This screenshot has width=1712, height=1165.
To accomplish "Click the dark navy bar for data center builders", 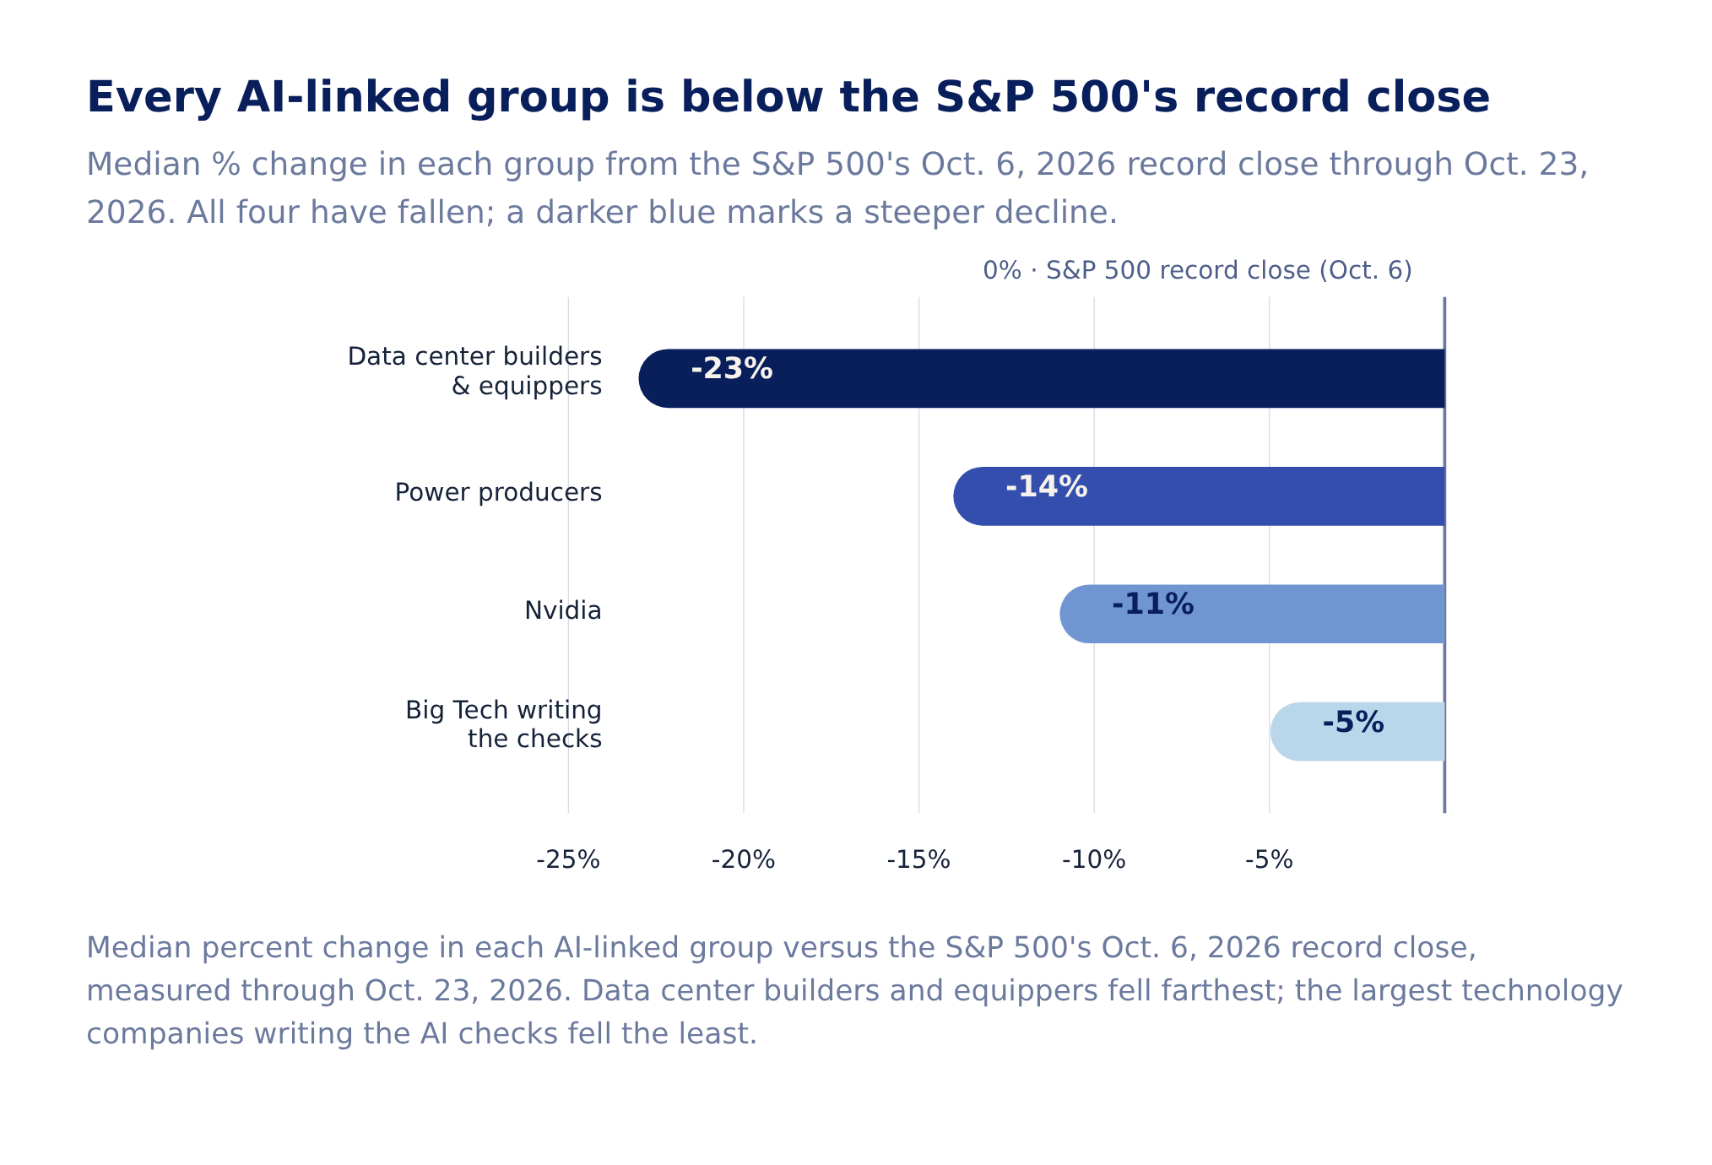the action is (1042, 378).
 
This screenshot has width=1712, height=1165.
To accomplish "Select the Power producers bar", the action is (1200, 496).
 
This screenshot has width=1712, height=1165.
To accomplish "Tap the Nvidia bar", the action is (1253, 614).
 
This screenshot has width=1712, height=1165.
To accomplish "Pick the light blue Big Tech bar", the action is (1357, 731).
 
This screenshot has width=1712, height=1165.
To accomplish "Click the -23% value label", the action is (732, 369).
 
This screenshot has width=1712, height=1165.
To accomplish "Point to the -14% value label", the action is (1047, 487).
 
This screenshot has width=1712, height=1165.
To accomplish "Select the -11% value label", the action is (1153, 604).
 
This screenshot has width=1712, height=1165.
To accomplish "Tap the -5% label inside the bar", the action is (1353, 723).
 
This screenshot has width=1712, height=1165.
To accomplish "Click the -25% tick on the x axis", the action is (568, 860).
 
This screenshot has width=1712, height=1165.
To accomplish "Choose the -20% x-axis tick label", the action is (744, 860).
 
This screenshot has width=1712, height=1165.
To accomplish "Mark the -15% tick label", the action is (918, 860).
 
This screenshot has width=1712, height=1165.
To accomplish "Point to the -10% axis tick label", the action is (1094, 860).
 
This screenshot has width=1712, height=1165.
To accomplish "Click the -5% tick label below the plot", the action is (1269, 860).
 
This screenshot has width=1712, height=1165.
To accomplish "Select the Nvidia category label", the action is (563, 610).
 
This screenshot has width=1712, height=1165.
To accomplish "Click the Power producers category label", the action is (498, 492).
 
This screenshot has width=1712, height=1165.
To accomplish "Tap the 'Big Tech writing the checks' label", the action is (504, 724).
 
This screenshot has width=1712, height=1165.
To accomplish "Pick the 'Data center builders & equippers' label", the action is (475, 371).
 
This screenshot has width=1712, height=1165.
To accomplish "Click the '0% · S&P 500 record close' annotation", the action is (1197, 271).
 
